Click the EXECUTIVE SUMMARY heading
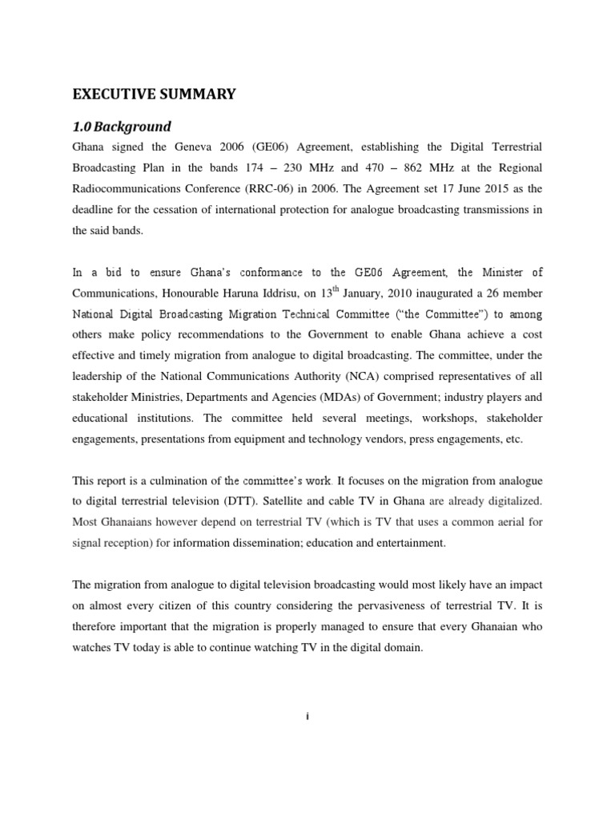pyautogui.click(x=155, y=95)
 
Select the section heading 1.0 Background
pyautogui.click(x=122, y=127)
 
